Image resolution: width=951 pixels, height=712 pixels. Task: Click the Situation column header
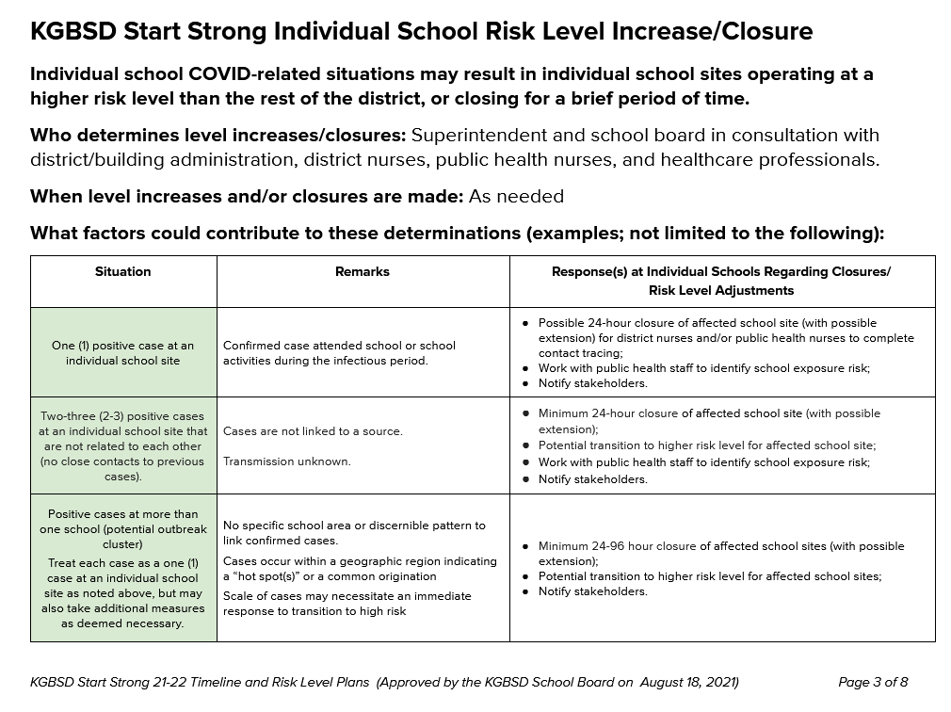coord(122,271)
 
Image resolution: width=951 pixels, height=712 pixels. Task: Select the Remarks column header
coord(362,271)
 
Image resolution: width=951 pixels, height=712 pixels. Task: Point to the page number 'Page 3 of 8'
coord(873,682)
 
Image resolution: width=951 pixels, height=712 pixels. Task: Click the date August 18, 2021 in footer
coord(688,682)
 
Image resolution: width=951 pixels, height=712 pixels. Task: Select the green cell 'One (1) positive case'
coord(122,353)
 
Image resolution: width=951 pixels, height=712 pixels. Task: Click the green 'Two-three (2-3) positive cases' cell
coord(122,445)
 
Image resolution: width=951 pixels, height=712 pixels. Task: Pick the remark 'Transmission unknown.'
coord(286,461)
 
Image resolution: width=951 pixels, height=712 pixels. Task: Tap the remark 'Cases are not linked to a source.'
coord(313,431)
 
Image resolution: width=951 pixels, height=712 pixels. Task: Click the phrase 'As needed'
coord(515,197)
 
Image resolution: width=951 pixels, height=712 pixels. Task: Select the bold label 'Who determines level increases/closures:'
coord(218,136)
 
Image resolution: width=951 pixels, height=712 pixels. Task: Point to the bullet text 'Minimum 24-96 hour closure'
coord(617,546)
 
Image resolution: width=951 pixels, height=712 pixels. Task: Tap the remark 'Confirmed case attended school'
coord(339,346)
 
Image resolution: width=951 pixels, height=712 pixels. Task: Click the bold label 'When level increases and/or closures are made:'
coord(245,197)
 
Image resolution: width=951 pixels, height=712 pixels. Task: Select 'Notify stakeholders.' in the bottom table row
coord(592,591)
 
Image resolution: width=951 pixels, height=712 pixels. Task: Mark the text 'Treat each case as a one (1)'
coord(122,563)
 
